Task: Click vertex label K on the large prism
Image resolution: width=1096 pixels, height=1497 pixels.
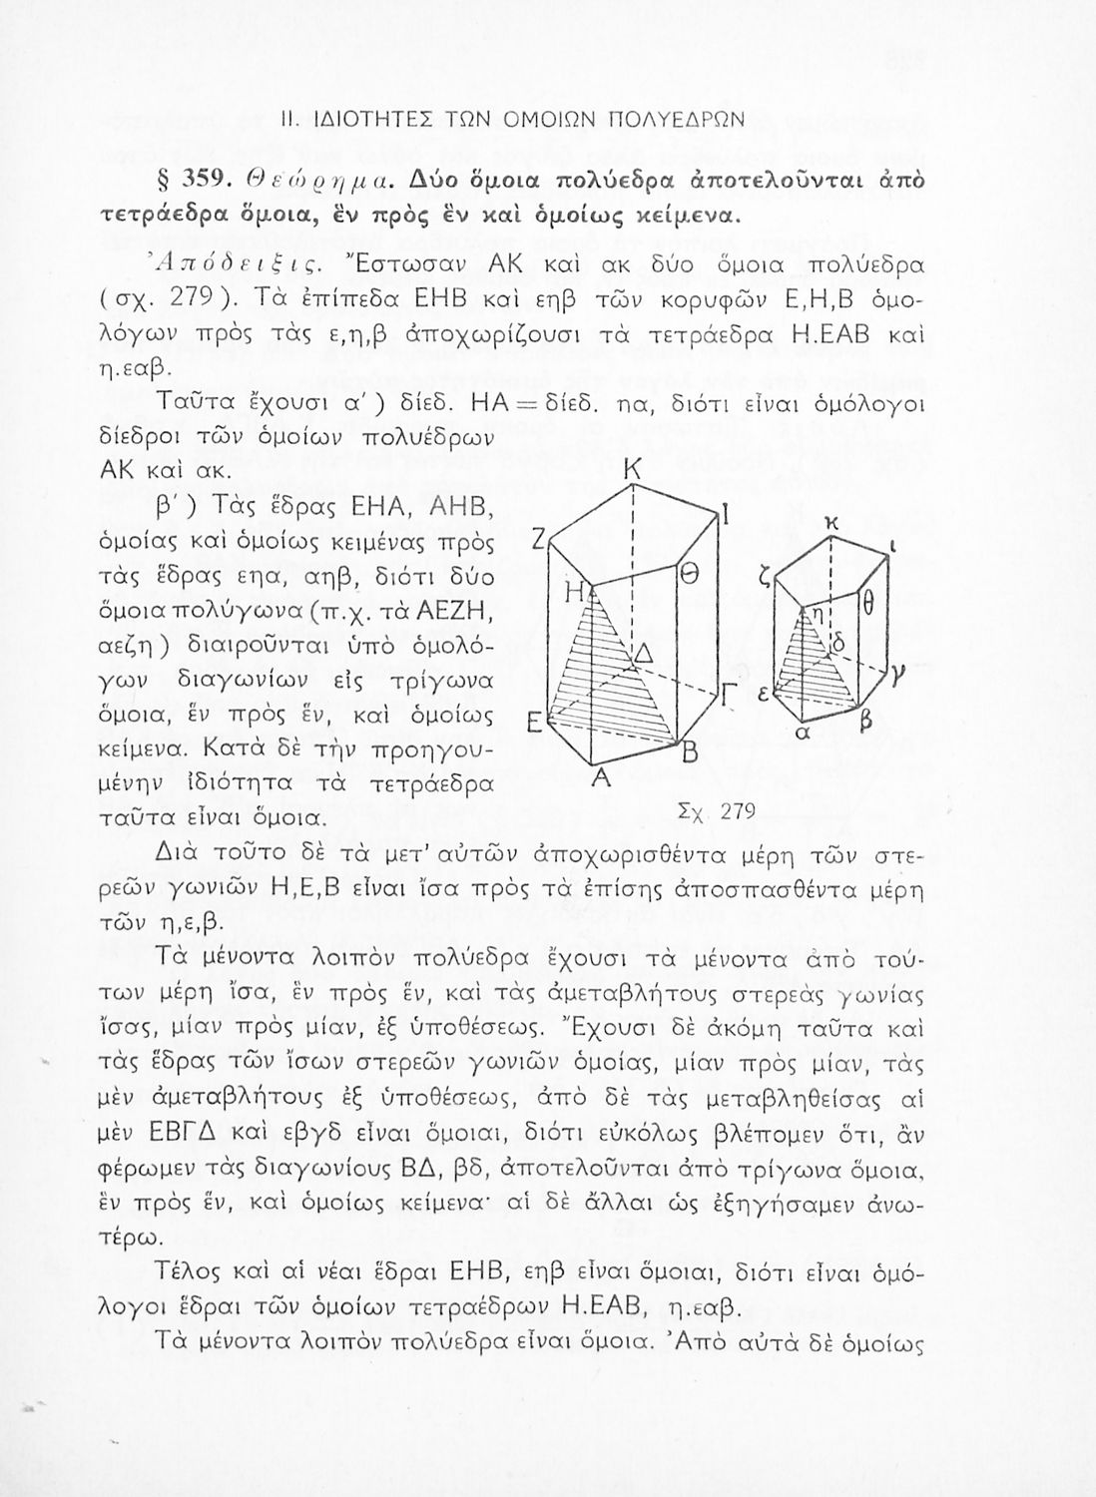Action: point(631,469)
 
